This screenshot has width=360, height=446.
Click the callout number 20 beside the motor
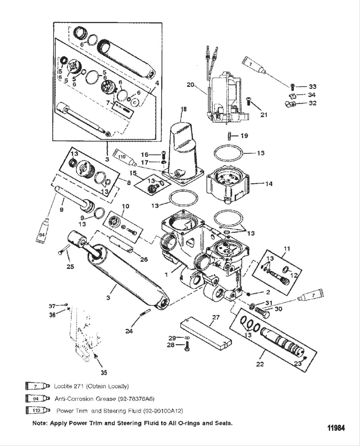pos(191,85)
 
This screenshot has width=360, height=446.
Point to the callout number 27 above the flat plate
pos(216,317)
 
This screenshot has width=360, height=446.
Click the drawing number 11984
pos(336,428)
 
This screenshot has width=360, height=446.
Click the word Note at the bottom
pos(40,423)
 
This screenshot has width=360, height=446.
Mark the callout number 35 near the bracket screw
pos(104,372)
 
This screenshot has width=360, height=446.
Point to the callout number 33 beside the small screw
pos(312,86)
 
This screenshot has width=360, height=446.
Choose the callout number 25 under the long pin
pos(70,266)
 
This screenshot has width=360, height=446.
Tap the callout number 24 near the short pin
pos(129,331)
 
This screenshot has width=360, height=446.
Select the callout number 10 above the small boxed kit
pos(125,206)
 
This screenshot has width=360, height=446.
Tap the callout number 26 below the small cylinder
pos(144,259)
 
